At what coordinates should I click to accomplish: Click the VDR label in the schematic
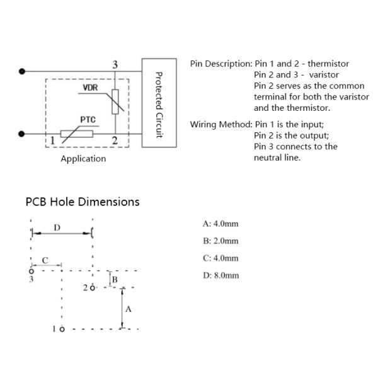[90, 88]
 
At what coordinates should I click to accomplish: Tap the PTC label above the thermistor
[88, 120]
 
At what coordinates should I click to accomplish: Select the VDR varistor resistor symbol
[115, 101]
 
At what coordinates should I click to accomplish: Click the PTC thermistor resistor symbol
[77, 134]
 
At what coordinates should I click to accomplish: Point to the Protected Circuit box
[159, 103]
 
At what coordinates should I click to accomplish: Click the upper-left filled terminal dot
[22, 71]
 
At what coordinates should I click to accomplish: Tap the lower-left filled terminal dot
[21, 134]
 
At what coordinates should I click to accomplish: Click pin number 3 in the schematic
[115, 64]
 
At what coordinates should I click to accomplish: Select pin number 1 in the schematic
[52, 140]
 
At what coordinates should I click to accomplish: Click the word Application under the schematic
[83, 159]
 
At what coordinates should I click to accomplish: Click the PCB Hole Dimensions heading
[83, 202]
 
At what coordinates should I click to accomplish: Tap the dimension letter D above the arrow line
[57, 227]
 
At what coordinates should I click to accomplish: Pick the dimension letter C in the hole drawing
[45, 260]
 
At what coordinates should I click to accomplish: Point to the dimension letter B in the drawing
[115, 280]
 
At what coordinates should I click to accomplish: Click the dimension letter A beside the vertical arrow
[129, 309]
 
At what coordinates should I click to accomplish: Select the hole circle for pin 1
[62, 329]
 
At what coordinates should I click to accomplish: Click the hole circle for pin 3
[31, 272]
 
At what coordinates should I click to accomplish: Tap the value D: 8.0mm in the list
[221, 275]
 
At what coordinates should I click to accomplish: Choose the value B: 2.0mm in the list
[220, 241]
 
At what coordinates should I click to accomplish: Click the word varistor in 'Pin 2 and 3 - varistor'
[324, 75]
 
